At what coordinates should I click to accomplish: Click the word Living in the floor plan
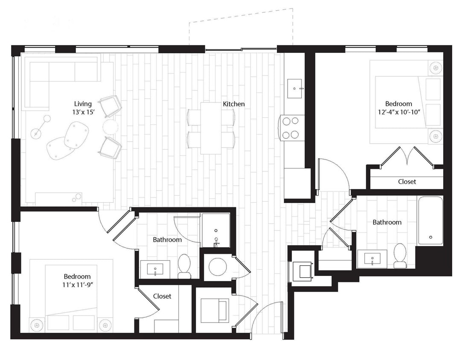83,104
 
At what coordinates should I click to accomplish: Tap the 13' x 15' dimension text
83,113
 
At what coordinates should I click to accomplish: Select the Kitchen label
233,104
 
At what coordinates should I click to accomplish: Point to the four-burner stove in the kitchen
290,128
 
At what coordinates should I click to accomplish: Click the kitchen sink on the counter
295,88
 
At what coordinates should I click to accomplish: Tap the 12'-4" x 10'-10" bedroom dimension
398,113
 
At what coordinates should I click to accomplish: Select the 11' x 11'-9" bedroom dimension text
77,285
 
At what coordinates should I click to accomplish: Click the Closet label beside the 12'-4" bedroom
407,182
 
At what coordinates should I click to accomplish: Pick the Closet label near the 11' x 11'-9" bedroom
162,296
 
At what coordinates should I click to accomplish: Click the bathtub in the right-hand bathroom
430,221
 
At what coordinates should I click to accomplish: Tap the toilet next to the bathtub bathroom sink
400,255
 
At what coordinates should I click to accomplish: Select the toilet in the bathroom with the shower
184,266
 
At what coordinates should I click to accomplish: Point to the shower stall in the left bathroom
216,230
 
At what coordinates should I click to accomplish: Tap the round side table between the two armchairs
110,127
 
